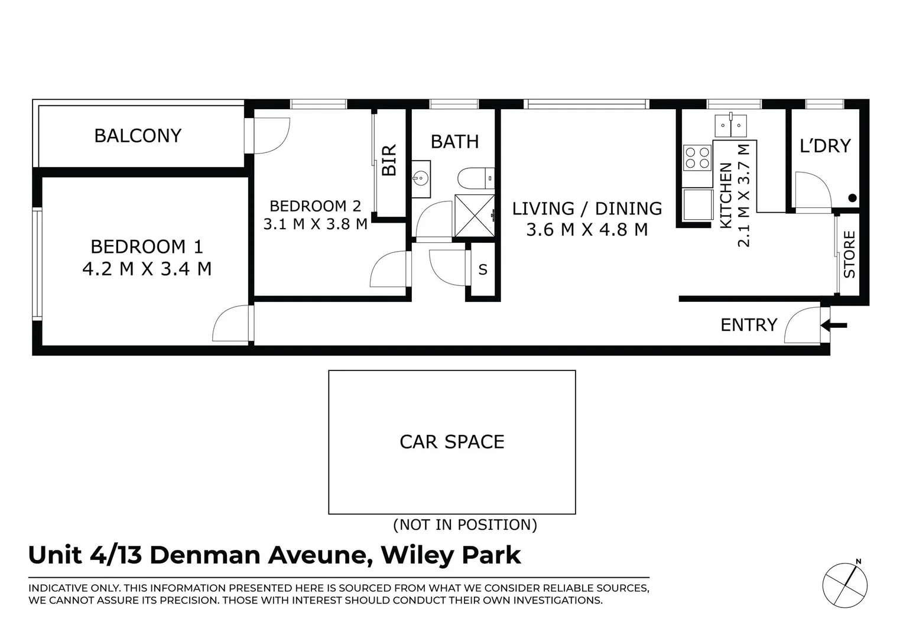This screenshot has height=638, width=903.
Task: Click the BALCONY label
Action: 138,136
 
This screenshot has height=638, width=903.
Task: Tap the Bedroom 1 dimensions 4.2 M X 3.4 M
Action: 147,269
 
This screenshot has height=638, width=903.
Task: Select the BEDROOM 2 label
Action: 315,206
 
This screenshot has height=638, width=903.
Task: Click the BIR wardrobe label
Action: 389,160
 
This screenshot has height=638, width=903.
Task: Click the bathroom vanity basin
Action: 422,177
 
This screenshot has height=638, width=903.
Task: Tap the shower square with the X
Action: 474,216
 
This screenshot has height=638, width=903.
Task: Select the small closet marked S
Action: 483,270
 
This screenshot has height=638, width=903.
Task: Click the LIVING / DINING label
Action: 587,209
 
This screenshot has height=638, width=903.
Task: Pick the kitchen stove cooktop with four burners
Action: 697,158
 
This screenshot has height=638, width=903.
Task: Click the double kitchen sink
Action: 730,125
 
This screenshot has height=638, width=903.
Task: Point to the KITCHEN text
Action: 726,195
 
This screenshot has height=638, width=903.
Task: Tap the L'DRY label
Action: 825,146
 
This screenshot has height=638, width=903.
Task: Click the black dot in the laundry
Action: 852,198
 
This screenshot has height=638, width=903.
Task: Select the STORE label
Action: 849,255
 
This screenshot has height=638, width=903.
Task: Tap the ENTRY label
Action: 748,325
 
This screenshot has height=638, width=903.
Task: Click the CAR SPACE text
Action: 452,442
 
